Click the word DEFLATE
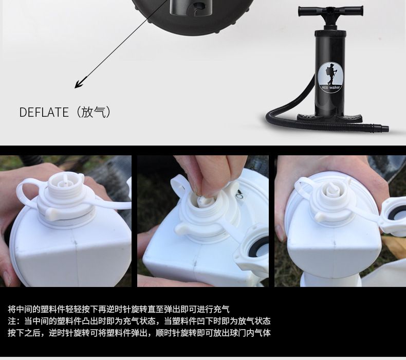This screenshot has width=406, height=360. [44, 112]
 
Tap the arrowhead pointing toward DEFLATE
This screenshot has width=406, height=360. [79, 84]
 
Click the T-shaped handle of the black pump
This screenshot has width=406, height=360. [330, 12]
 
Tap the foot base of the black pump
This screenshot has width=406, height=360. [329, 118]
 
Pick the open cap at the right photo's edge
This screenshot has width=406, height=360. [393, 217]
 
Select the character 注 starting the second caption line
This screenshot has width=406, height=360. [12, 321]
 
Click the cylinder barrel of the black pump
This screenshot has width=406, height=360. [330, 73]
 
